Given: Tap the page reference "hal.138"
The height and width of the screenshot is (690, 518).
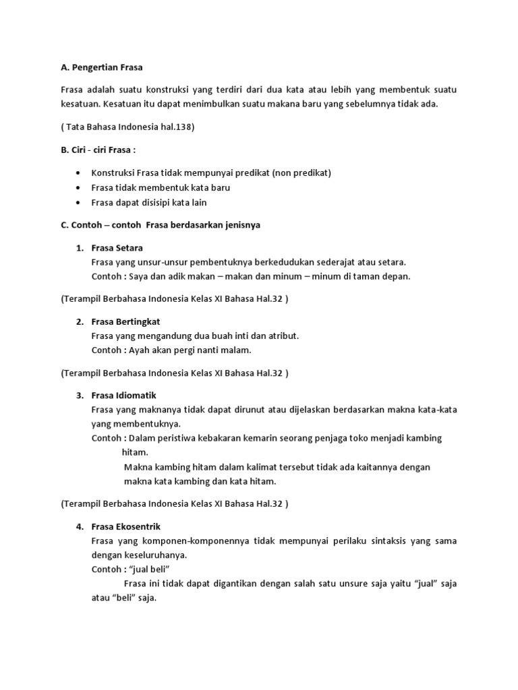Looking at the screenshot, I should coord(173,127).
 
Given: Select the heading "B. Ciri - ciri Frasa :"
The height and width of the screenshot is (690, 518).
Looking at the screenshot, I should coord(101,149).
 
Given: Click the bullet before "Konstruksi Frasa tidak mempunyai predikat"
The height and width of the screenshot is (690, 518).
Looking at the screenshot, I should coord(81,173).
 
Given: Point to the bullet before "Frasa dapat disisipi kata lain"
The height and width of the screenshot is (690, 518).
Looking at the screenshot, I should coord(81,203).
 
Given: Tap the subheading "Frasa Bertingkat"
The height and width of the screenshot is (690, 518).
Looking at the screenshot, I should coord(125,321).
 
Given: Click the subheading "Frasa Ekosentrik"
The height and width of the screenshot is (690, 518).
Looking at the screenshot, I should coord(126,526).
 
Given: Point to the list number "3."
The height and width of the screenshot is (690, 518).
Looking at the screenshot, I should coord(80,395).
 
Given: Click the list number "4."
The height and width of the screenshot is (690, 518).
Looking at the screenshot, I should coord(80,526).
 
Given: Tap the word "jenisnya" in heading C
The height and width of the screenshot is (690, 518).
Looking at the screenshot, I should coord(242,225).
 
